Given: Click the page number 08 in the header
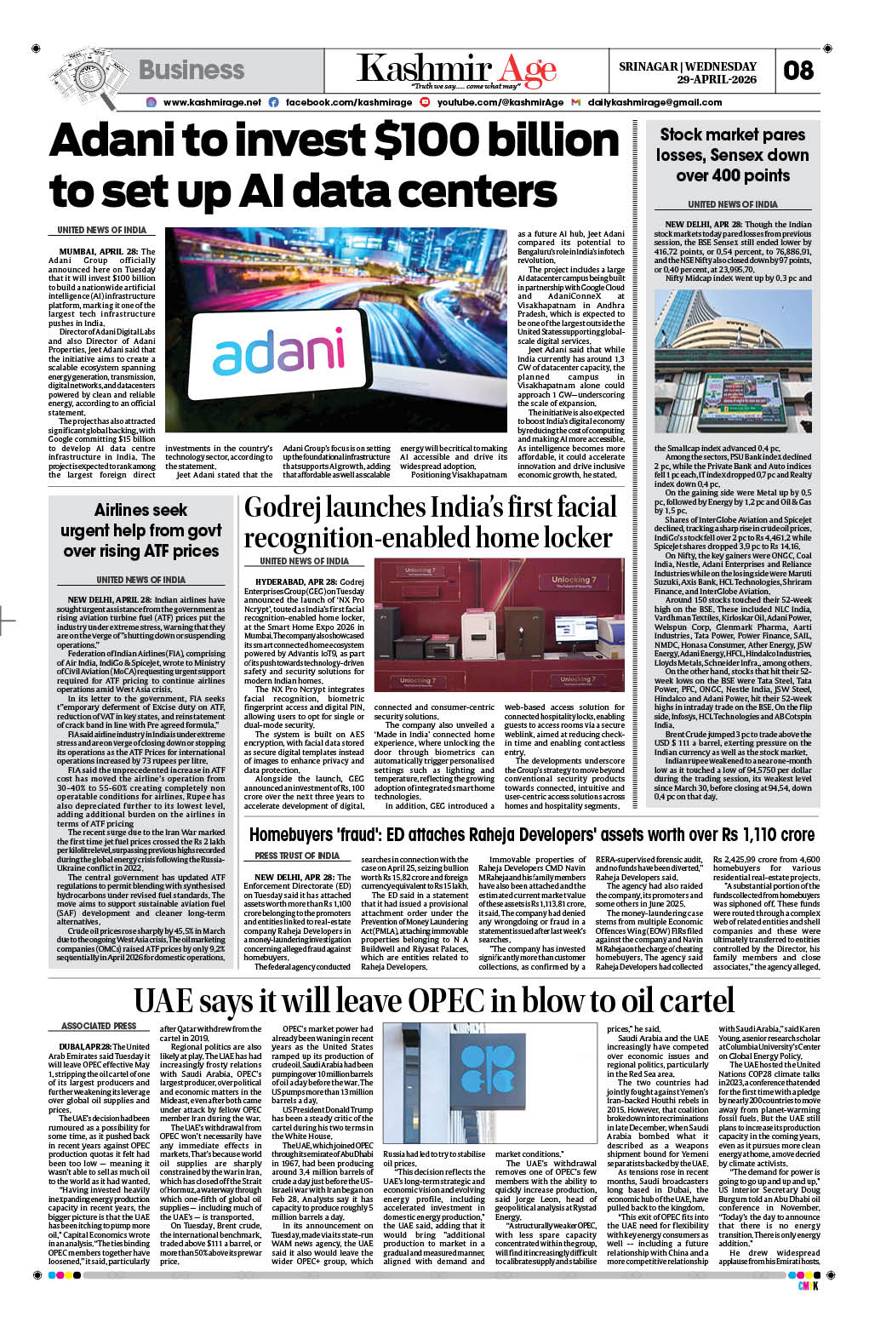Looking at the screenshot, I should [x=798, y=70].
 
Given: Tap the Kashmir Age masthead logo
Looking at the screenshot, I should [x=456, y=70].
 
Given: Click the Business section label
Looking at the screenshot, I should [x=191, y=70].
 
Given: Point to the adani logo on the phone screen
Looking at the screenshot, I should [x=278, y=356].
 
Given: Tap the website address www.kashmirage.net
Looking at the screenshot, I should [x=211, y=102].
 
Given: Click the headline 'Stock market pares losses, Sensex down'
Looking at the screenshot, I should [x=732, y=145].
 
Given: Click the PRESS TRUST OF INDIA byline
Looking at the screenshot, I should [x=297, y=856].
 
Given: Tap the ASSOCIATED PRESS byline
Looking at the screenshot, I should [x=99, y=1026].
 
